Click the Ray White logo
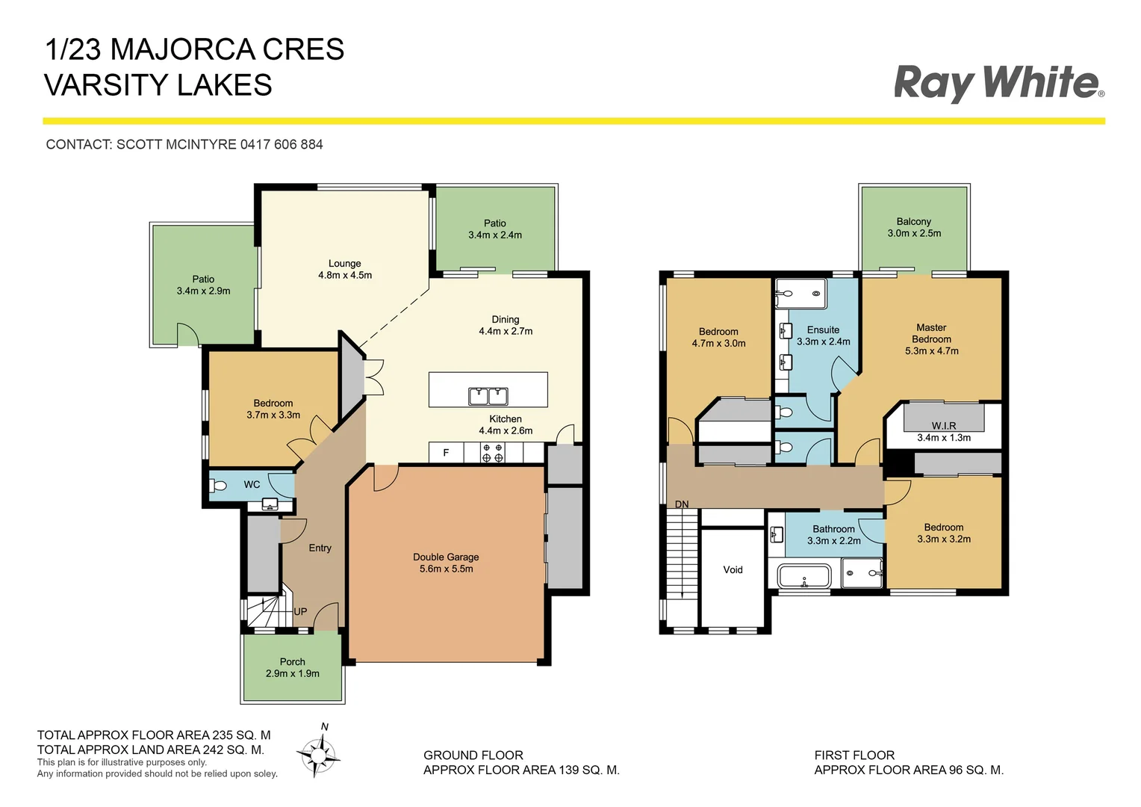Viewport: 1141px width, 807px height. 998,82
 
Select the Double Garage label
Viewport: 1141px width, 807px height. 446,557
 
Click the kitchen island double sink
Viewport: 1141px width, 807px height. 488,395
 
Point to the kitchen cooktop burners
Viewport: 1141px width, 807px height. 492,453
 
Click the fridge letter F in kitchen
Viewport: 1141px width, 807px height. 447,453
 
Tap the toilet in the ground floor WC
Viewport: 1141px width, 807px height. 219,486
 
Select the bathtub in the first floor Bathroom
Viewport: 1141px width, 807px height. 803,578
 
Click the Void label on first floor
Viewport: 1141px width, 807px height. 733,569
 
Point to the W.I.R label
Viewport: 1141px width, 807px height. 944,425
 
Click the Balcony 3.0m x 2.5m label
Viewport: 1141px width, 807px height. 914,227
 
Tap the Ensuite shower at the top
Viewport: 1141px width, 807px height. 800,293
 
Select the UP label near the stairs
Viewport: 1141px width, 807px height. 300,611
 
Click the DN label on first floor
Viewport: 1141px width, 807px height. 682,504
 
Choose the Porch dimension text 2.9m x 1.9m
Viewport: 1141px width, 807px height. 293,673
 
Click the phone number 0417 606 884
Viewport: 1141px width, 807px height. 282,144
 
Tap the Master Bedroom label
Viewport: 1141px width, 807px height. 931,333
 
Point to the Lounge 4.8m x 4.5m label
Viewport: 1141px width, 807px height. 345,269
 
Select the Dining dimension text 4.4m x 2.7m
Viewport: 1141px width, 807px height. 506,331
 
